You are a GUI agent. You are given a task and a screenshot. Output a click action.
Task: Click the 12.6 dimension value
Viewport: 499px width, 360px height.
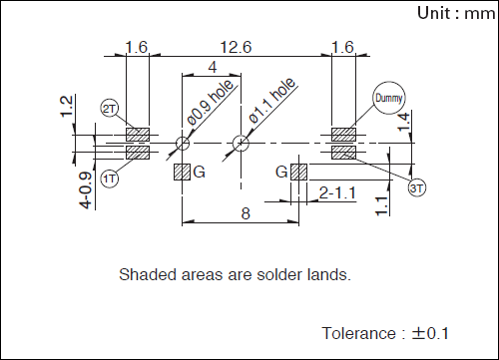click(236, 47)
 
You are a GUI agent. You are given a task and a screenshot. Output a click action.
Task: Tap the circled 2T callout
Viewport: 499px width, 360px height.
click(110, 109)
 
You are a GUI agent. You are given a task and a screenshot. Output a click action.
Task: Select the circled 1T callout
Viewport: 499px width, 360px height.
click(110, 179)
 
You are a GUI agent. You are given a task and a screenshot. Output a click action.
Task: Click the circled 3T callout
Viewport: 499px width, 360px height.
click(417, 188)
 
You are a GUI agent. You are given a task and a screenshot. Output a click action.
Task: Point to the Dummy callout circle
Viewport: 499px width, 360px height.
click(389, 98)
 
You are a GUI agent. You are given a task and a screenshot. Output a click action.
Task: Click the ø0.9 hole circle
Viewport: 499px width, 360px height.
click(183, 144)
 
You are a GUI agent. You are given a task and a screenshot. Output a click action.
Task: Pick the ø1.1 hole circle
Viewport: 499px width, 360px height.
click(241, 144)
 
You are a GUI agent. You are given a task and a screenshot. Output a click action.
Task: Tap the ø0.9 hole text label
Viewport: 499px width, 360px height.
click(211, 103)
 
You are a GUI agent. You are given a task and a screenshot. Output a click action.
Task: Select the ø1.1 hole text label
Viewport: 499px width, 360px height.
click(272, 101)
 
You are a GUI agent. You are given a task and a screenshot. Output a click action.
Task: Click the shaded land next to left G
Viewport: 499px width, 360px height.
click(183, 173)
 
